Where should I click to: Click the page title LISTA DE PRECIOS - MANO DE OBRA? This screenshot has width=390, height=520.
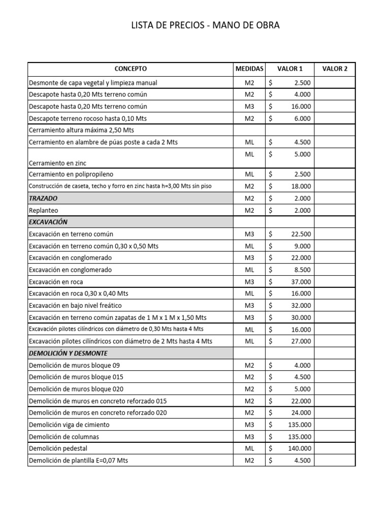205,25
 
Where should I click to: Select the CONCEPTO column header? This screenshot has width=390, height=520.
131,69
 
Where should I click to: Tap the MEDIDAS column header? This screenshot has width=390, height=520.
249,69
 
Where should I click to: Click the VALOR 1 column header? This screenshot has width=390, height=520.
289,69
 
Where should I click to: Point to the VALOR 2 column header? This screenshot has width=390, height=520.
335,69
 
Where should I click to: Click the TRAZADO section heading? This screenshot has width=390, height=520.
43,198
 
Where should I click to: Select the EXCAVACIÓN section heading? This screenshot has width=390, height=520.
48,222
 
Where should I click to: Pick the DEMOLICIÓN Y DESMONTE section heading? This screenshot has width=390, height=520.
68,353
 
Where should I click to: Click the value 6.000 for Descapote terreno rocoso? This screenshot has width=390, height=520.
303,118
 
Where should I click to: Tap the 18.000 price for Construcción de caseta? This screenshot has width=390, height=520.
301,186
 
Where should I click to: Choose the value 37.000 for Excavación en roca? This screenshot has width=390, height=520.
301,282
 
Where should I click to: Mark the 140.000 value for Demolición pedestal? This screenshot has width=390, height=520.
300,448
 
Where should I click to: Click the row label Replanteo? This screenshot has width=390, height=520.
44,210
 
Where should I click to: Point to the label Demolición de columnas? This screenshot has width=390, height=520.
64,437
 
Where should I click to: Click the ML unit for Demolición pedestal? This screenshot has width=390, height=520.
249,448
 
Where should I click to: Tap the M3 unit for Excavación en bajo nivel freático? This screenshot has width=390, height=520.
249,306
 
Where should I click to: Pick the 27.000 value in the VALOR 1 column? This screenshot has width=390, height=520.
301,341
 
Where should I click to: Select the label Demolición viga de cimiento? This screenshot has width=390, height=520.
69,425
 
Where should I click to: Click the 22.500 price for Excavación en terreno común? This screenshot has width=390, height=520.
301,234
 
